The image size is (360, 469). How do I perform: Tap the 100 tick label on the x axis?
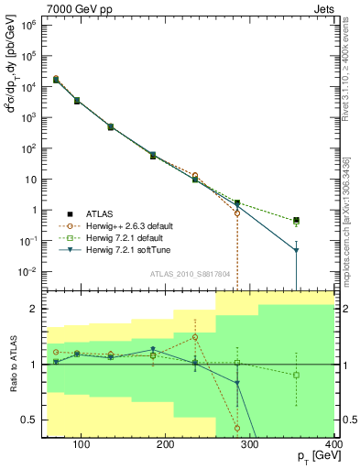81,446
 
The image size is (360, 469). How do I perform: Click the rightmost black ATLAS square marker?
322,220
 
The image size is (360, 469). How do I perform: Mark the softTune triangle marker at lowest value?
322,250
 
